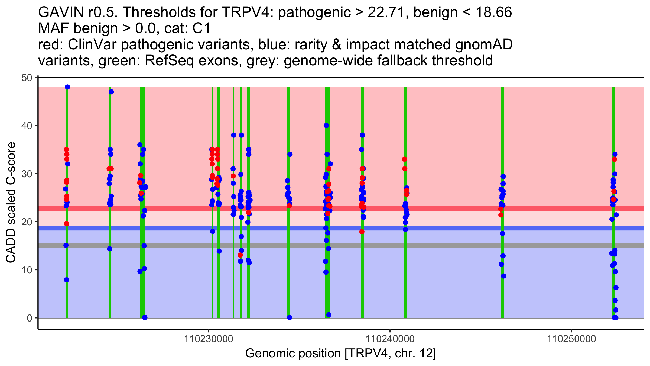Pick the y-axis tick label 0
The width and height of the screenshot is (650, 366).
[x=29, y=318]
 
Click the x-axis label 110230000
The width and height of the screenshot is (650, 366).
[x=209, y=339]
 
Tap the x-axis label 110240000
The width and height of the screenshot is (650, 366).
[x=390, y=339]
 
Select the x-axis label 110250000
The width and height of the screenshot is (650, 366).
[x=571, y=339]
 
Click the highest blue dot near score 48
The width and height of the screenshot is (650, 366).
[x=67, y=87]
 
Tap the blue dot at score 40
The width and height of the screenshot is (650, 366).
[x=326, y=126]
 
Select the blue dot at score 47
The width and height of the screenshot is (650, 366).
[x=111, y=92]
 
